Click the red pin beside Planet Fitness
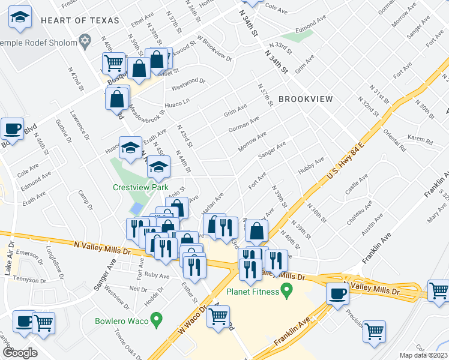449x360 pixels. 287,292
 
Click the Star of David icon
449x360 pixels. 85,43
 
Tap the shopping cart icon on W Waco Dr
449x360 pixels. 218,316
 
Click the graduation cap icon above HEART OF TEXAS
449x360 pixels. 20,19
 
